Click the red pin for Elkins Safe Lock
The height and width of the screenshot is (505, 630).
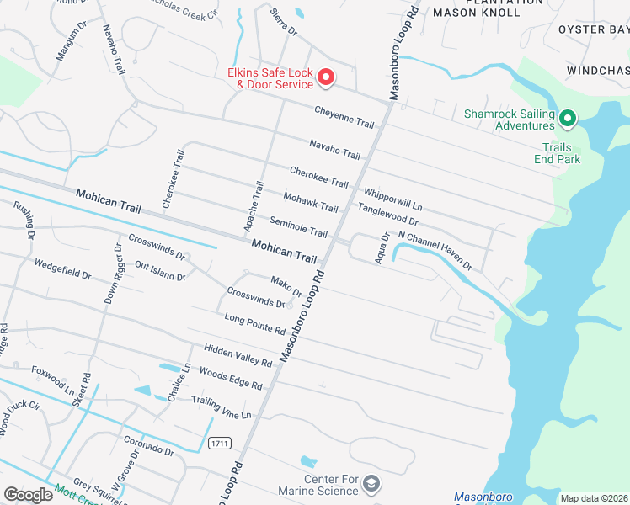pyautogui.click(x=325, y=78)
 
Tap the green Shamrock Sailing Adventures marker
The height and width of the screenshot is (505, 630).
pyautogui.click(x=568, y=119)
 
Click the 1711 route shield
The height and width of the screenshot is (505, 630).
pyautogui.click(x=219, y=443)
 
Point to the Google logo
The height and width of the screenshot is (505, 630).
pyautogui.click(x=29, y=495)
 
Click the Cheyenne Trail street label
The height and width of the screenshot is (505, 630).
pyautogui.click(x=344, y=117)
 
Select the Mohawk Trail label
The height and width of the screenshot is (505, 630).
pyautogui.click(x=311, y=202)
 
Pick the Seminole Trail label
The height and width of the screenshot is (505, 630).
pyautogui.click(x=298, y=226)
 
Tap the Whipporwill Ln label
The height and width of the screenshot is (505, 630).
pyautogui.click(x=392, y=199)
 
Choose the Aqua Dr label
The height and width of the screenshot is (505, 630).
pyautogui.click(x=385, y=247)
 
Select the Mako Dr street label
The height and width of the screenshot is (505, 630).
pyautogui.click(x=286, y=286)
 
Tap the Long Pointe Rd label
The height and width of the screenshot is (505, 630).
pyautogui.click(x=255, y=323)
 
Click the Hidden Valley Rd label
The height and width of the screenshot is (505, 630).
pyautogui.click(x=238, y=355)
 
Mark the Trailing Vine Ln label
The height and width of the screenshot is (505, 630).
pyautogui.click(x=222, y=407)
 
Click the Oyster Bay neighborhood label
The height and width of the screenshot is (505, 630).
pyautogui.click(x=593, y=29)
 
